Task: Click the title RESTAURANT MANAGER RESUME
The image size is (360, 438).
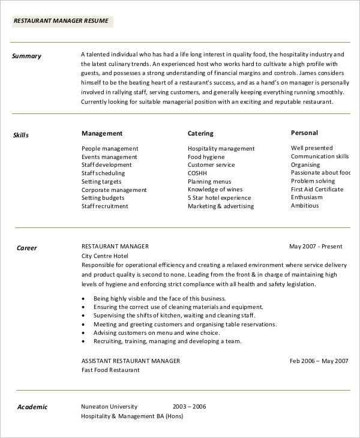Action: tap(61, 21)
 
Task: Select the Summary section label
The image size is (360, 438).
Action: tap(27, 56)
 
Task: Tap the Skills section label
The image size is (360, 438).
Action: tap(21, 135)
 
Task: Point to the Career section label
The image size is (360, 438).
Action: tap(27, 248)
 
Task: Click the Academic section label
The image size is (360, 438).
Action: tap(32, 407)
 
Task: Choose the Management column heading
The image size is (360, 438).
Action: tap(102, 133)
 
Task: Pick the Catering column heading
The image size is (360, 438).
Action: tap(200, 133)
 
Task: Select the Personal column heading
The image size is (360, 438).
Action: tap(304, 133)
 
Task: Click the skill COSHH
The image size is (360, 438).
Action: tap(197, 172)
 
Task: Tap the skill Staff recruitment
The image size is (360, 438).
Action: tap(105, 206)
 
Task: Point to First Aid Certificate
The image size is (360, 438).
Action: tap(317, 189)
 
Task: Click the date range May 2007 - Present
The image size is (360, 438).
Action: tap(316, 246)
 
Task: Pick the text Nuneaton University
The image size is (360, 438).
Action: tap(109, 406)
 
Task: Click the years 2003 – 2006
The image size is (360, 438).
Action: tap(189, 406)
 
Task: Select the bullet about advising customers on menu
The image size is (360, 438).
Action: tap(157, 332)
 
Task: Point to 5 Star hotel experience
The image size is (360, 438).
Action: tap(219, 197)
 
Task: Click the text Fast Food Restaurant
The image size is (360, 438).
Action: tap(110, 370)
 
